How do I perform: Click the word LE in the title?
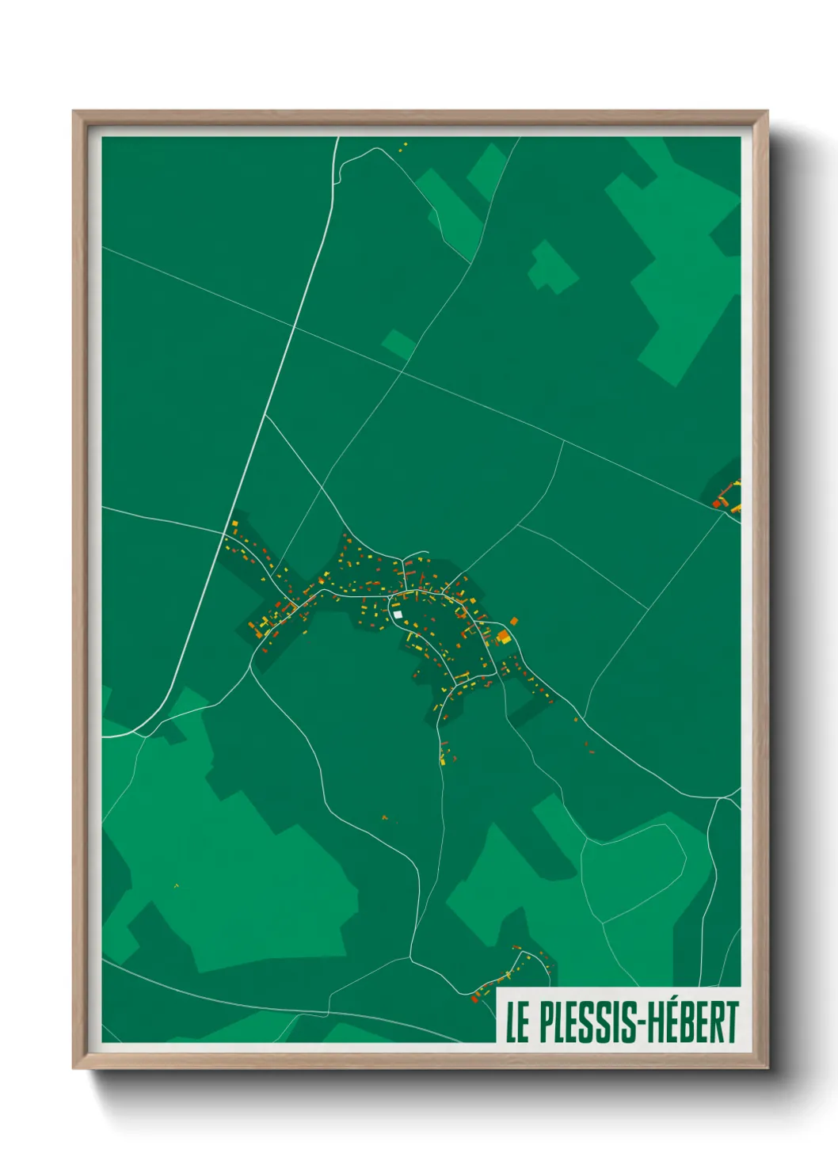(x=517, y=1022)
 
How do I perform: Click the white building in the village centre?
(x=398, y=614)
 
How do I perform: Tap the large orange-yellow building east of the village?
(x=503, y=636)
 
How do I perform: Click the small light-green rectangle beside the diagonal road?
(x=398, y=344)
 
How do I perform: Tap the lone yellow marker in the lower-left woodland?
(x=176, y=885)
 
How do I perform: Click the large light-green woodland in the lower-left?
(x=238, y=871)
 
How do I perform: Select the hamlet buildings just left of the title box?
(x=507, y=970)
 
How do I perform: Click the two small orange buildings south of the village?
(x=385, y=817)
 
